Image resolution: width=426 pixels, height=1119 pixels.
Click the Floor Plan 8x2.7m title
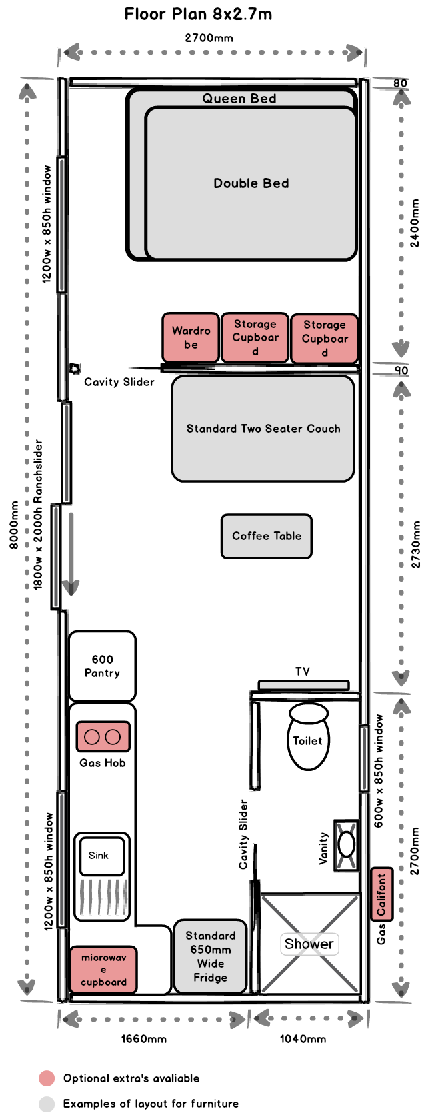pos(198,14)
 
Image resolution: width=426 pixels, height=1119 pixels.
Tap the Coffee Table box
pos(266,536)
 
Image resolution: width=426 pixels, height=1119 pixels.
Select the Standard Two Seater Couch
pos(263,429)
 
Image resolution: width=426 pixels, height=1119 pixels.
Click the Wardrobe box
pos(191,338)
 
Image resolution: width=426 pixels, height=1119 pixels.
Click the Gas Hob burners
pos(103,736)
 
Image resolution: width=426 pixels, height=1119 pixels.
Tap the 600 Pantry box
pos(102,666)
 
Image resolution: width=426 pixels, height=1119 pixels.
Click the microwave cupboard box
pos(103,970)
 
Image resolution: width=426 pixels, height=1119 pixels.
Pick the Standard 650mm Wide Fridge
pos(210,957)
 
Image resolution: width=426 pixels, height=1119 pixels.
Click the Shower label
pos(309,944)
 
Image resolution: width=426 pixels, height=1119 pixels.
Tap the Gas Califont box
pos(381,894)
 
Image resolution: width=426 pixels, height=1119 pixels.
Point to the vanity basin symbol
pos(346,844)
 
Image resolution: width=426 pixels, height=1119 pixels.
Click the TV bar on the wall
pos(303,685)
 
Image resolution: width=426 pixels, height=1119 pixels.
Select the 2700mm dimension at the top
pos(209,38)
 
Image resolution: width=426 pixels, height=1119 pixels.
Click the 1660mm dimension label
pos(143,1038)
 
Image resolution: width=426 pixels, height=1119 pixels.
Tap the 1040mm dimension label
pos(303,1038)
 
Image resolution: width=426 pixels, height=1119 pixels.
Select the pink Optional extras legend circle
pos(46,1078)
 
